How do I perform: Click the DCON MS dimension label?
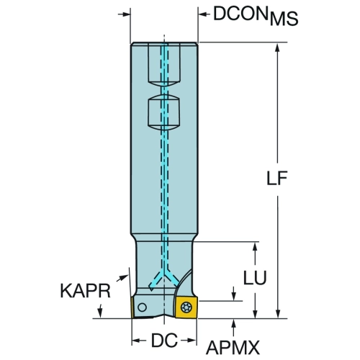point(256,16)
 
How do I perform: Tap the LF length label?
point(277,179)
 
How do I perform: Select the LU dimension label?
point(255,278)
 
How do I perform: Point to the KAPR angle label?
point(85,291)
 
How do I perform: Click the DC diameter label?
point(164,341)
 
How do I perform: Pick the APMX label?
point(233,348)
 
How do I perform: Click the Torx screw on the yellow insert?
point(186,307)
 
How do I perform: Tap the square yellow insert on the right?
point(186,307)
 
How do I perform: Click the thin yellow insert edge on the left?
point(132,307)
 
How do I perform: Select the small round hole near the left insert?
point(142,307)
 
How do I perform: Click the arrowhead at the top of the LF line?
point(278,48)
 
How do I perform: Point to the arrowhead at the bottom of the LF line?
point(278,313)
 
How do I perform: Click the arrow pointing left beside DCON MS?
point(204,14)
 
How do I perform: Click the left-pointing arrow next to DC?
point(139,341)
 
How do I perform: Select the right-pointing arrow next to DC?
point(188,341)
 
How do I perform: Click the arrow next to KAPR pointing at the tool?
point(122,278)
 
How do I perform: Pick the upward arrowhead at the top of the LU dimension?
point(255,247)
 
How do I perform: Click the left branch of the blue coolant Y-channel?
point(156,281)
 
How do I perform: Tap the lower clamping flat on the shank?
point(164,113)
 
